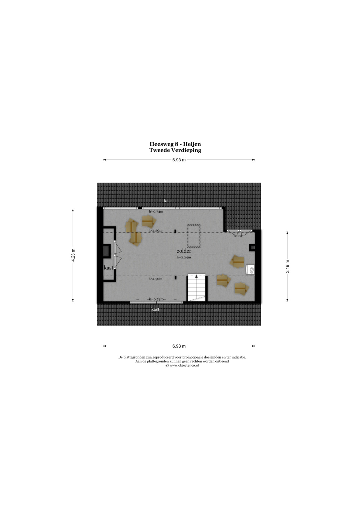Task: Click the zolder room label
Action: tap(184, 251)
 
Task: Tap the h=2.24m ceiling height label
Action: tap(184, 257)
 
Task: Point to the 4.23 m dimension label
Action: tap(73, 255)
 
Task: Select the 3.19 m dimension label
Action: tap(287, 267)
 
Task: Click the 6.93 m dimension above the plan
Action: tap(179, 160)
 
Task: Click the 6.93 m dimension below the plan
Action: tap(179, 346)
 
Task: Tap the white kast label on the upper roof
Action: tap(168, 201)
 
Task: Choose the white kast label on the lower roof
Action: tap(155, 309)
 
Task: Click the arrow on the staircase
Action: tap(196, 276)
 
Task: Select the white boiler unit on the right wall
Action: tap(250, 270)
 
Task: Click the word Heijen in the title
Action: tap(192, 144)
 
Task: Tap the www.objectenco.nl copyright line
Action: tap(182, 366)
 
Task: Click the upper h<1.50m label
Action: tap(155, 230)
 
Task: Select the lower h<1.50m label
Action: tap(155, 279)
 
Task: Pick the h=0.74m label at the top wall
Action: tap(156, 212)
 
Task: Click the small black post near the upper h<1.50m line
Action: tap(175, 231)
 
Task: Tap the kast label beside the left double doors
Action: tap(108, 268)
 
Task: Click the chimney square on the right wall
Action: tap(252, 248)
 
